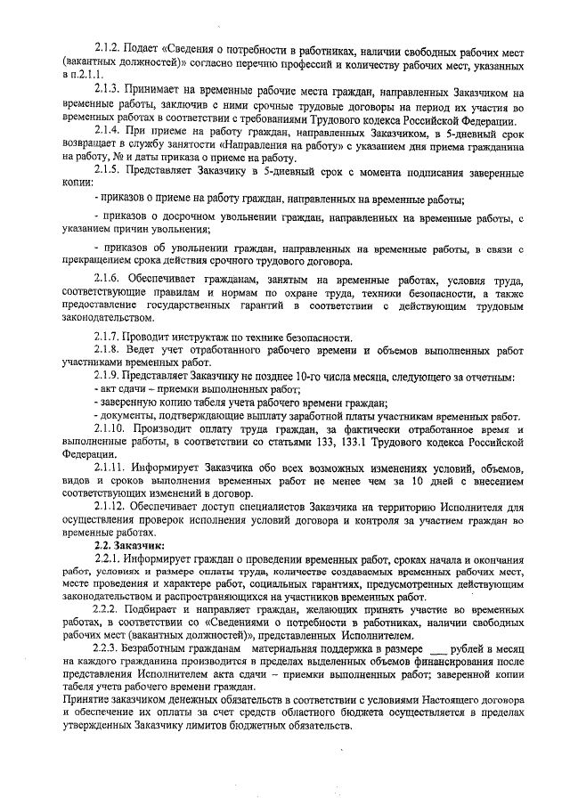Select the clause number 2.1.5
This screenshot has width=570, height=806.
tap(108, 168)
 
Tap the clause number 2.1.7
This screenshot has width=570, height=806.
tap(108, 336)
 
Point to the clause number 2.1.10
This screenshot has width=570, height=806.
tap(111, 428)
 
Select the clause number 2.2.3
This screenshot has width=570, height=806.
tap(108, 649)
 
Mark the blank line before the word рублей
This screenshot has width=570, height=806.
tap(436, 650)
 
